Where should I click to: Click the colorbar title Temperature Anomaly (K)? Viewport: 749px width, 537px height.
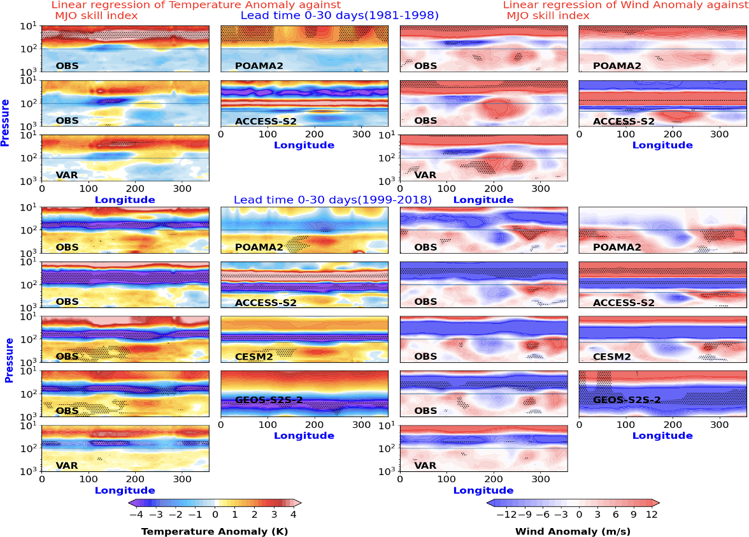tap(215, 531)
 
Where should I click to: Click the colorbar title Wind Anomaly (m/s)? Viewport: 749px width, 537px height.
tap(573, 531)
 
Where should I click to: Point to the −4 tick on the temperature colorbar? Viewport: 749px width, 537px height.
tap(136, 515)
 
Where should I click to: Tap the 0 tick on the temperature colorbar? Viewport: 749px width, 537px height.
tap(215, 515)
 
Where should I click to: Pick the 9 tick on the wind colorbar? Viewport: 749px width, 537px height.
tap(634, 515)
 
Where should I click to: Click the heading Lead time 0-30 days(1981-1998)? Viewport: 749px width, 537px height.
tap(339, 15)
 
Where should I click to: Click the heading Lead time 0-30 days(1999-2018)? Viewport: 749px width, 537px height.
tap(332, 200)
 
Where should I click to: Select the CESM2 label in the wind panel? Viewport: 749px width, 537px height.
tap(612, 357)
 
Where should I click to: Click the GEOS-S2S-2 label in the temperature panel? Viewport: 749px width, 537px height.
tap(269, 400)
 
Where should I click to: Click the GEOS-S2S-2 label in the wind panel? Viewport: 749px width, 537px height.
tap(627, 400)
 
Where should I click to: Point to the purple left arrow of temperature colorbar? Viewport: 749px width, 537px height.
tap(132, 503)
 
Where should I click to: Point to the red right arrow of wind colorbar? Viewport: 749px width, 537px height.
tap(655, 503)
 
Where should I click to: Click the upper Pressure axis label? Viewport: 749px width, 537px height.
tap(5, 123)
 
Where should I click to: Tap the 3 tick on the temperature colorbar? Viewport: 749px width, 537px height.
tap(274, 515)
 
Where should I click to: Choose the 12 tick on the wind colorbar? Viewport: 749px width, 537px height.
tap(652, 515)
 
